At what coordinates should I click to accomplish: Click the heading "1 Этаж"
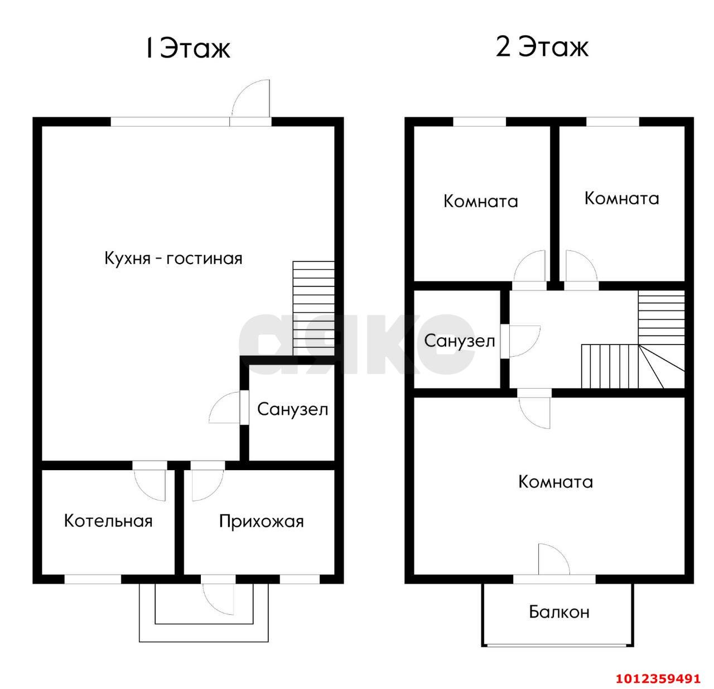[x=187, y=48]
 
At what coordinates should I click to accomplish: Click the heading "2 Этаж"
[x=542, y=47]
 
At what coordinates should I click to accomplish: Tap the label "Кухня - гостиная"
[x=173, y=259]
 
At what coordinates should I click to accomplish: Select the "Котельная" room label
[x=108, y=521]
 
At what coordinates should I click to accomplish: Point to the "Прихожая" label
[x=261, y=521]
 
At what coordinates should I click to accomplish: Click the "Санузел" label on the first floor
[x=292, y=409]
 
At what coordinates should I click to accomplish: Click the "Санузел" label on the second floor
[x=459, y=341]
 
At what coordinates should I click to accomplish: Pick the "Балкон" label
[x=559, y=612]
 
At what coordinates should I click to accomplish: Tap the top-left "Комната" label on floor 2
[x=480, y=201]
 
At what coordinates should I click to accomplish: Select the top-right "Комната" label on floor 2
[x=621, y=198]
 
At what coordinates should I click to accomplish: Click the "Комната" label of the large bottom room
[x=555, y=482]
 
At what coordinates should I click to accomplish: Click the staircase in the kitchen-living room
[x=313, y=308]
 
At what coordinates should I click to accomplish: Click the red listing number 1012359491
[x=657, y=679]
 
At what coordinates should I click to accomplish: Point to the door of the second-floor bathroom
[x=522, y=341]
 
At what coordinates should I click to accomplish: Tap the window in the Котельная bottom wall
[x=93, y=579]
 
